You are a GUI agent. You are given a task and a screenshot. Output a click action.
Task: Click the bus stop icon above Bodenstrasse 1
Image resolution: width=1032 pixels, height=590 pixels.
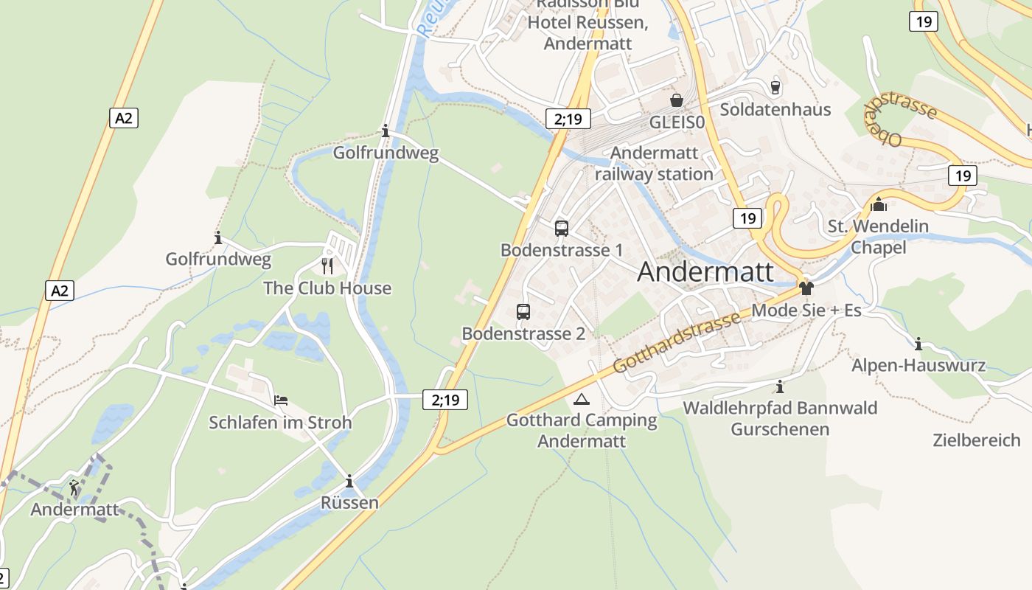tap(562, 228)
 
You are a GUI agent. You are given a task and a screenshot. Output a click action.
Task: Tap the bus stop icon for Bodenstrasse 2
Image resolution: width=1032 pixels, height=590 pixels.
tap(523, 311)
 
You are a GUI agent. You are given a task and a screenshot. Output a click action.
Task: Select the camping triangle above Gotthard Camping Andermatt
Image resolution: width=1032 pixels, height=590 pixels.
tap(582, 400)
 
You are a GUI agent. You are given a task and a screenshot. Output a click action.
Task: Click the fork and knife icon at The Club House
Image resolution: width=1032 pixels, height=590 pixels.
tap(327, 265)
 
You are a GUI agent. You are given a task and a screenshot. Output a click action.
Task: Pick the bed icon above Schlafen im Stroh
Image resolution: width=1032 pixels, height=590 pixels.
tap(280, 400)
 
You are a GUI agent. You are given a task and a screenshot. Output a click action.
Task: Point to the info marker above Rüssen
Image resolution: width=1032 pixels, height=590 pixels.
tap(349, 482)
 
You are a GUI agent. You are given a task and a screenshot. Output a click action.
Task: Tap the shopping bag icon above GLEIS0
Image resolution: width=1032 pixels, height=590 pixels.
tap(677, 100)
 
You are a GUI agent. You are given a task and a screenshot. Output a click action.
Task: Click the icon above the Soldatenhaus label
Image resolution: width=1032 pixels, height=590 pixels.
tap(775, 87)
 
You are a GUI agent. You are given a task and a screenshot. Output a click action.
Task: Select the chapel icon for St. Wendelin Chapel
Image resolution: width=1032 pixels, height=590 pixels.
tap(878, 204)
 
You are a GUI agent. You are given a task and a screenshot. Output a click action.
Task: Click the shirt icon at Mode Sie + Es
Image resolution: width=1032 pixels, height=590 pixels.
tap(806, 288)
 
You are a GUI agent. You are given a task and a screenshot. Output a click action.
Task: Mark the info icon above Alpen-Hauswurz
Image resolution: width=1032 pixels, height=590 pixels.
tap(918, 344)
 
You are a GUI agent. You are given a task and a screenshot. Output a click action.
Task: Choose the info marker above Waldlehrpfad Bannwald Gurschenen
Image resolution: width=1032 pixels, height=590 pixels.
tap(780, 386)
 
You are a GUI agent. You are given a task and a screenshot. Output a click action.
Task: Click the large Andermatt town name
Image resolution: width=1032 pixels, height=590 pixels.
tap(705, 271)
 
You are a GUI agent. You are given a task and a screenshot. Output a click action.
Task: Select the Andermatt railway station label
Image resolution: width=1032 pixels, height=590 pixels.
tap(655, 164)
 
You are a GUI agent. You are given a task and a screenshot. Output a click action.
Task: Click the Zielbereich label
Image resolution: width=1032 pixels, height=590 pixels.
tap(977, 440)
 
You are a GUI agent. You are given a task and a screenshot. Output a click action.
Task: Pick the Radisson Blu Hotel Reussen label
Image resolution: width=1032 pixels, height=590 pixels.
tap(588, 24)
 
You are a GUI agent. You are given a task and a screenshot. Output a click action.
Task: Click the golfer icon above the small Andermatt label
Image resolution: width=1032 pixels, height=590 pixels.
tap(74, 487)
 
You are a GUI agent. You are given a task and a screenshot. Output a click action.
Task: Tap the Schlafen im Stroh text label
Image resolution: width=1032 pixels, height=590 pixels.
tap(280, 423)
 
